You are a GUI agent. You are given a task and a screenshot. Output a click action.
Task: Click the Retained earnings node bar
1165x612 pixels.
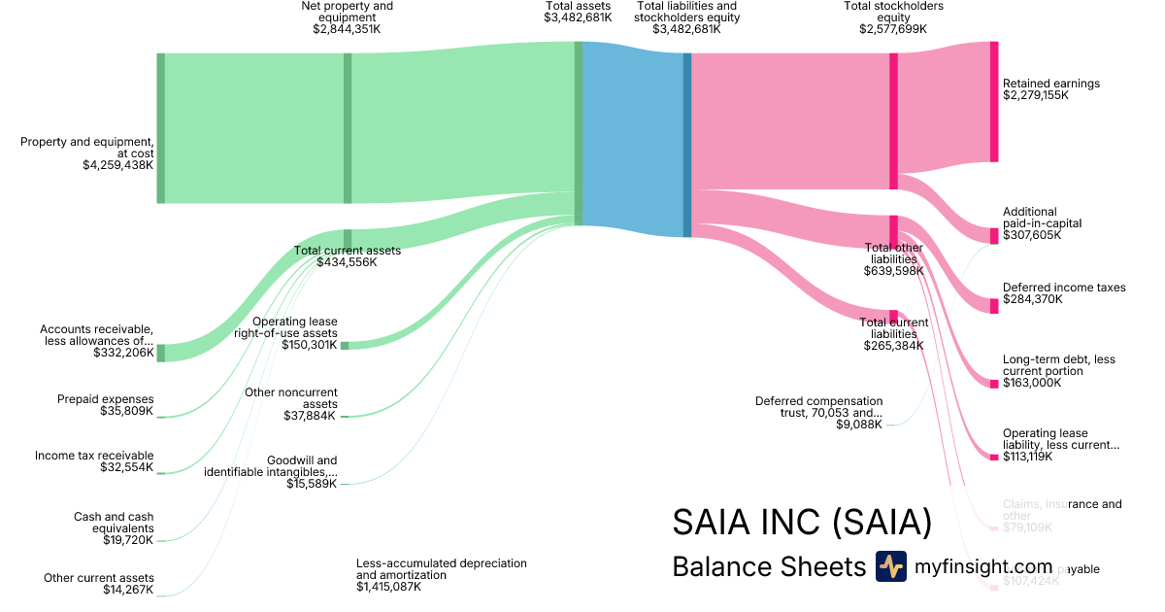[x=993, y=102]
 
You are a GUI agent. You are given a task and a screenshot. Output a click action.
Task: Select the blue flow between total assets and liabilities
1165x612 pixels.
[x=632, y=136]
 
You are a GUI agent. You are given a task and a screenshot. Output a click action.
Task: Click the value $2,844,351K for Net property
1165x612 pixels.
[x=348, y=29]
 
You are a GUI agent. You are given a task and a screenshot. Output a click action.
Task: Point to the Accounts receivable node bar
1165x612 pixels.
[x=161, y=353]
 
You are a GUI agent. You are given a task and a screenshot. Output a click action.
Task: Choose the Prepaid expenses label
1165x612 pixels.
[x=105, y=399]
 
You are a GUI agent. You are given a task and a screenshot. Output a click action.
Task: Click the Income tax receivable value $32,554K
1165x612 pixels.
[x=126, y=467]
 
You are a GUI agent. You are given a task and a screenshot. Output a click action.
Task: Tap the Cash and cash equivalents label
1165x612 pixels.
[x=113, y=523]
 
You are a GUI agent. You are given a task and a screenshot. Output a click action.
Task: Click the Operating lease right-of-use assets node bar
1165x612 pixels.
[x=345, y=345]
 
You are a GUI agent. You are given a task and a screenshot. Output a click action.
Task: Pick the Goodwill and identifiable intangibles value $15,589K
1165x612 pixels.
[x=313, y=484]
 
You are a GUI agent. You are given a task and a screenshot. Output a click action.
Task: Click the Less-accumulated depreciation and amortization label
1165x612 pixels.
[x=441, y=569]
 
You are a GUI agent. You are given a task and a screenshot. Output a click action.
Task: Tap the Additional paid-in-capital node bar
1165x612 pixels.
[x=993, y=236]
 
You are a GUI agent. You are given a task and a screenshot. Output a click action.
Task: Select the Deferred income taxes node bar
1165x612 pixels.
[x=993, y=306]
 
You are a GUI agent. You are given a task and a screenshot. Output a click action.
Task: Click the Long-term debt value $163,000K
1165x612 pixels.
[x=1033, y=383]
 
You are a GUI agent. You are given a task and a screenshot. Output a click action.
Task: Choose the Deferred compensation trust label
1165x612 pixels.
[x=819, y=407]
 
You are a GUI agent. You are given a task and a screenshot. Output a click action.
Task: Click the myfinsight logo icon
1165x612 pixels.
[x=890, y=566]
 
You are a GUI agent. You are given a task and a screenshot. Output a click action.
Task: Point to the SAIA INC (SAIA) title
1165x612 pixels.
[x=802, y=523]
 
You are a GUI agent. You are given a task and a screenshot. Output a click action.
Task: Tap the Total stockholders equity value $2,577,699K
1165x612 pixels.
[x=893, y=29]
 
